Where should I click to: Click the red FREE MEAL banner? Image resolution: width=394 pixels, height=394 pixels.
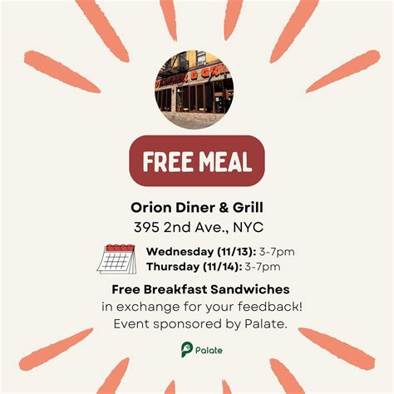(x=196, y=160)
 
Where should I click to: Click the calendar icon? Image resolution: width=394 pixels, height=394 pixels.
(x=116, y=259)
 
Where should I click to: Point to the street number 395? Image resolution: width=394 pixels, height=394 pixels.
(x=148, y=226)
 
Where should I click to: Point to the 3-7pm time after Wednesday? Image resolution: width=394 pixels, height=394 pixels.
(x=275, y=252)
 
